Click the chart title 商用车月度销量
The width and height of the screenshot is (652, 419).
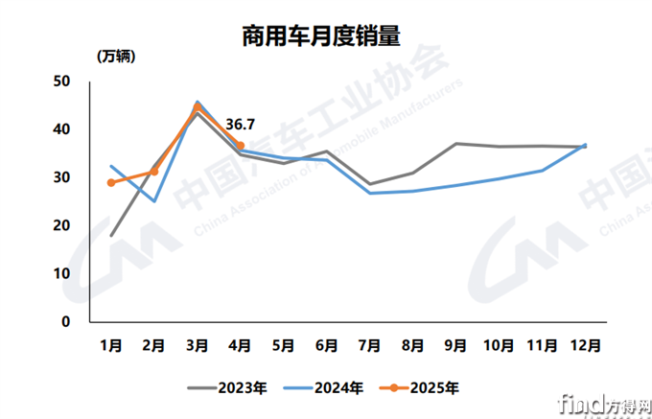(320, 36)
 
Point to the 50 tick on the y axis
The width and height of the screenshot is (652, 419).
(62, 81)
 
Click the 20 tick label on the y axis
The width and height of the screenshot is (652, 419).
(62, 225)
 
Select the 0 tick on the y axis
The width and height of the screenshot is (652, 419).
(66, 322)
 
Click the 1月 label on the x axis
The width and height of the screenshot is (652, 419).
(112, 342)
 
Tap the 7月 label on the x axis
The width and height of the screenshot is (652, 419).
(369, 342)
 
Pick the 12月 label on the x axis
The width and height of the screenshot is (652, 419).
(585, 342)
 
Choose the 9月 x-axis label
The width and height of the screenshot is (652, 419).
(455, 342)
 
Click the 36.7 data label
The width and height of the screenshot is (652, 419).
(240, 125)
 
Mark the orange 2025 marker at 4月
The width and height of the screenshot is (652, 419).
(240, 146)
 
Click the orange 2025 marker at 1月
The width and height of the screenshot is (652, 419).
(111, 182)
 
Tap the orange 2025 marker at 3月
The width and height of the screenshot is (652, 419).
(198, 107)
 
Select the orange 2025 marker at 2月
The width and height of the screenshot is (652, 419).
(154, 172)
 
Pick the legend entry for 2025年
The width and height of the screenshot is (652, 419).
(417, 388)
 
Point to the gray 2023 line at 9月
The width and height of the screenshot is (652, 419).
(455, 144)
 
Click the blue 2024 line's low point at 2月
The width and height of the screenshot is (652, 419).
(154, 201)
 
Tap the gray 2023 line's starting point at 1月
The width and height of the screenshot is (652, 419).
(111, 235)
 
